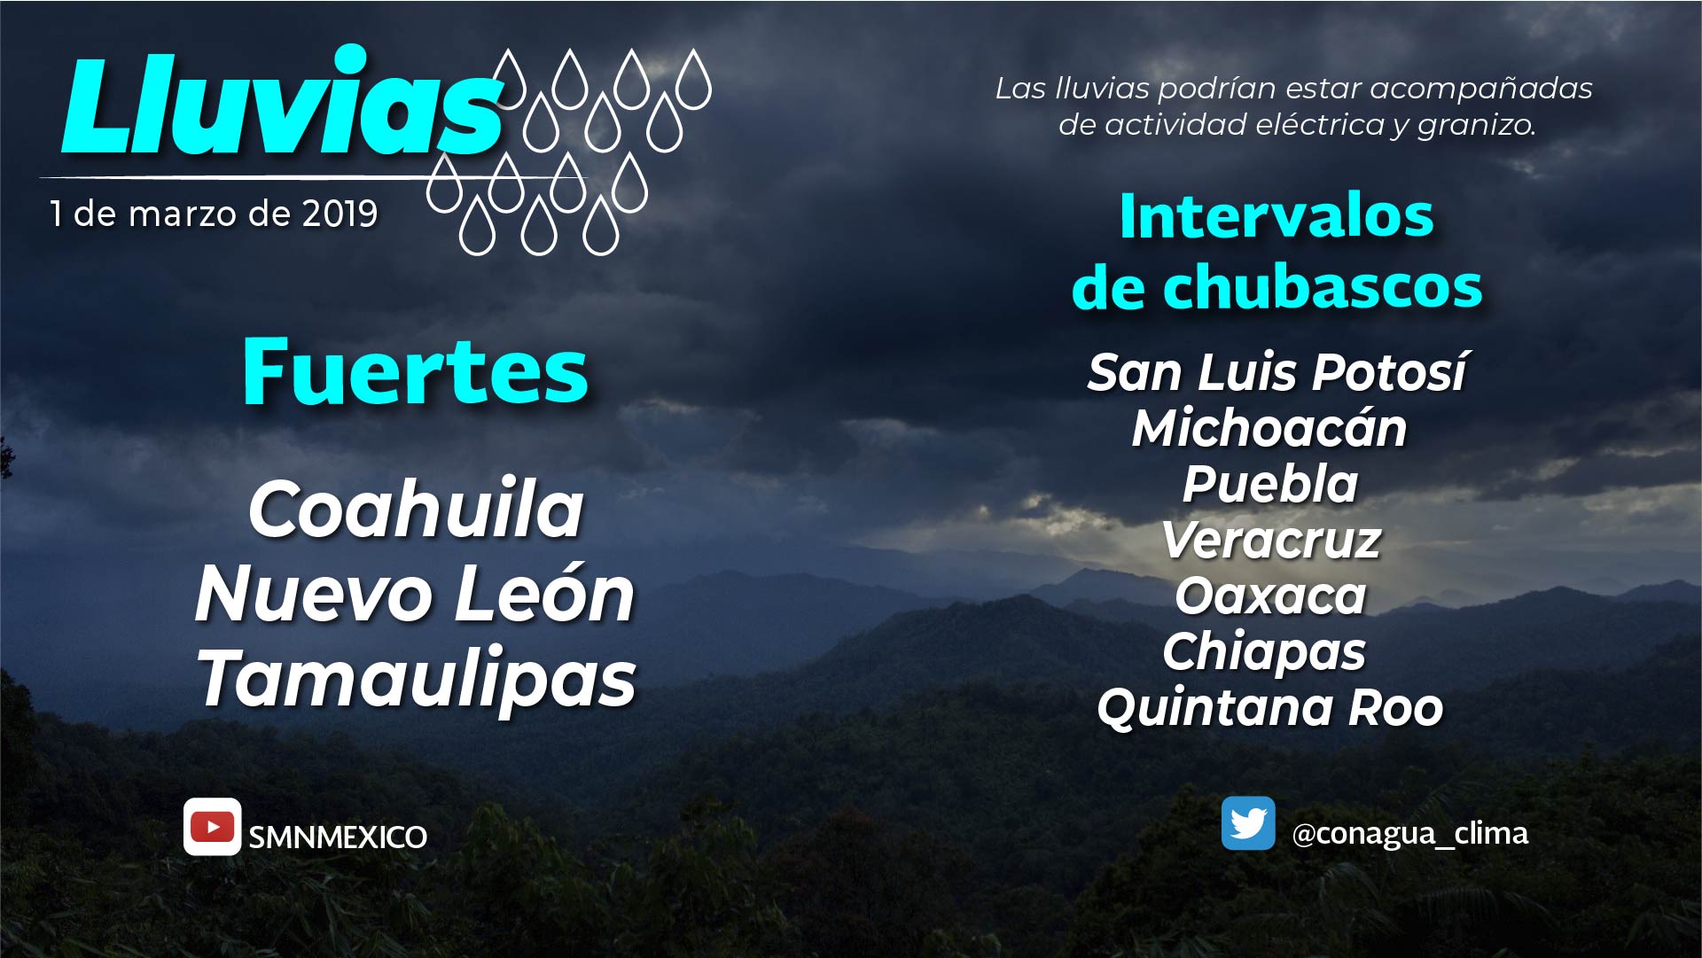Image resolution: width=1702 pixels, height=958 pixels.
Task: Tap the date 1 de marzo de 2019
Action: click(x=214, y=214)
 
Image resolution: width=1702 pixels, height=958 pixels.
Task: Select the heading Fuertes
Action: click(x=415, y=371)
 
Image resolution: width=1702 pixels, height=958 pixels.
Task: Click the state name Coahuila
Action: click(x=416, y=509)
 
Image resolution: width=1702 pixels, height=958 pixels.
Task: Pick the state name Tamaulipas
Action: click(x=417, y=679)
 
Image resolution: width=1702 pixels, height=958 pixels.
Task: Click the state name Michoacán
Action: click(x=1269, y=427)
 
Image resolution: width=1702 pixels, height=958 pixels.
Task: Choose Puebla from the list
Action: click(x=1270, y=484)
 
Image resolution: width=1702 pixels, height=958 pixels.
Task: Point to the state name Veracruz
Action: click(x=1271, y=540)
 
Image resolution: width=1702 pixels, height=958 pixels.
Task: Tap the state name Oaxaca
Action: click(x=1270, y=596)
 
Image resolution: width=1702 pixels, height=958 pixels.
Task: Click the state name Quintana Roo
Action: click(x=1270, y=708)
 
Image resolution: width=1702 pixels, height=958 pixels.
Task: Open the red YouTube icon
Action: click(x=212, y=827)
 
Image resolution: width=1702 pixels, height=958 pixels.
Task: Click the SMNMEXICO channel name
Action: click(x=338, y=837)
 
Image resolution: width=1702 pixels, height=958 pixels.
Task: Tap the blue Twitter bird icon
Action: click(x=1248, y=823)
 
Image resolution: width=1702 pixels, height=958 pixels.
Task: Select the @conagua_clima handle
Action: click(x=1410, y=834)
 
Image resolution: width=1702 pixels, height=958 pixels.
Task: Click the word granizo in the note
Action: click(x=1476, y=126)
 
